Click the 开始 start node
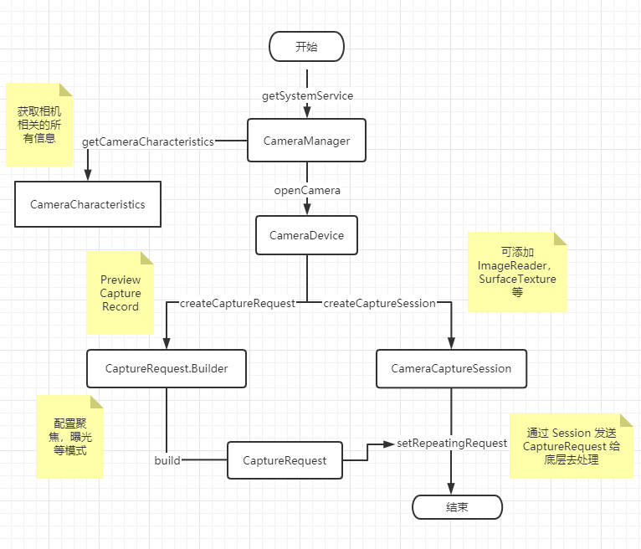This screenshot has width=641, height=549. coord(306,46)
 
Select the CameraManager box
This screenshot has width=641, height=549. coord(306,141)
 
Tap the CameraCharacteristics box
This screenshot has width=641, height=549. coord(87,204)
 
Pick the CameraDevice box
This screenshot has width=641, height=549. coord(306,235)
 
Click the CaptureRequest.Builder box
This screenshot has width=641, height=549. coord(167,368)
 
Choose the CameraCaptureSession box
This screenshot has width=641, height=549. coord(451,368)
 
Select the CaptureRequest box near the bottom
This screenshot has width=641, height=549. coord(285,460)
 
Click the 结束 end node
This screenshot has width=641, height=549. coord(457,507)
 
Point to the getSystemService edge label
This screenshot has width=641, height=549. coord(308,95)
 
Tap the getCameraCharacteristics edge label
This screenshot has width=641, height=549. coord(148,141)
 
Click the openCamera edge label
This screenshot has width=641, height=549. coord(307,190)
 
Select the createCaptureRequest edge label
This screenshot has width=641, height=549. coord(238,303)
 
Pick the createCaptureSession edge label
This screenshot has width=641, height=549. coord(379,303)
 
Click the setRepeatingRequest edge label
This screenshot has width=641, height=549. coord(452,443)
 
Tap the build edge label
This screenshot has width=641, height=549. coord(167,460)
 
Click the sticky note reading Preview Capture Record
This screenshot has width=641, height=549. coord(121,293)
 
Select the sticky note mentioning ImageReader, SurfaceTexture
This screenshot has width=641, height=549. coord(517,272)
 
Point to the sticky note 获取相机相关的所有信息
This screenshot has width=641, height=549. coord(39,124)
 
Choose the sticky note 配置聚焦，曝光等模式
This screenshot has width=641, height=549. coord(69,436)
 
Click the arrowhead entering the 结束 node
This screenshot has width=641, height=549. coord(452,490)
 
